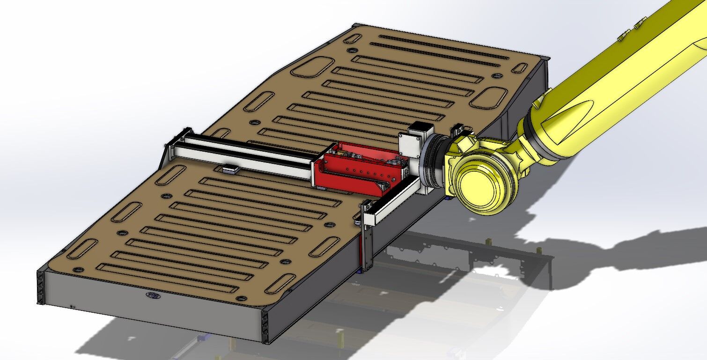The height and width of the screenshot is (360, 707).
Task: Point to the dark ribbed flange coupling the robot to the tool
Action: click(433, 162)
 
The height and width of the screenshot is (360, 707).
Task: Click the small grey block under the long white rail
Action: click(229, 169)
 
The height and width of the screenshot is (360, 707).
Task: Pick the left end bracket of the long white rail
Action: click(180, 140)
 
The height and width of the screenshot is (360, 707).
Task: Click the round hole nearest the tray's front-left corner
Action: click(78, 270)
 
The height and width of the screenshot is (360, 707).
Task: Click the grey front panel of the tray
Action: click(150, 304)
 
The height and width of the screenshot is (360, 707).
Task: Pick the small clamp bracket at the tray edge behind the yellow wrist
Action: click(457, 128)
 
